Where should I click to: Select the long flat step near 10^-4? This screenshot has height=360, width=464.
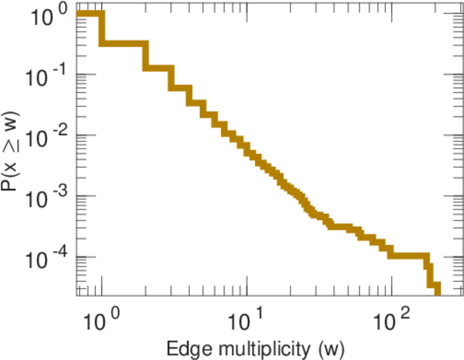coord(408,255)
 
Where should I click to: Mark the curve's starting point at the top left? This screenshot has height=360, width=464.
coord(79,14)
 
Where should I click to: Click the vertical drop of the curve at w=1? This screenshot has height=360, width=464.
coord(101,29)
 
